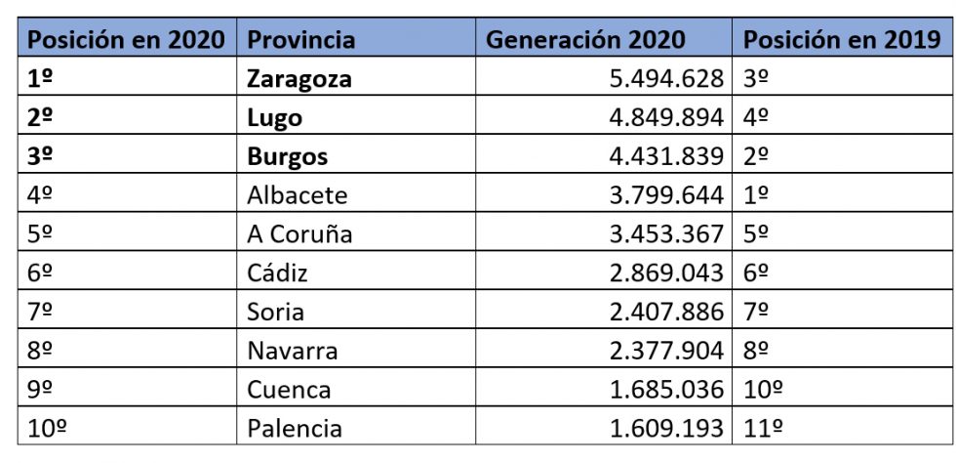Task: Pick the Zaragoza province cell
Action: pyautogui.click(x=299, y=79)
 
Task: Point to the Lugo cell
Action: pyautogui.click(x=274, y=118)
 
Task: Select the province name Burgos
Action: pyautogui.click(x=287, y=156)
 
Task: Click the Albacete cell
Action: pyautogui.click(x=297, y=195)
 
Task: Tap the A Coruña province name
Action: pyautogui.click(x=299, y=234)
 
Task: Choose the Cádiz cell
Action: pyautogui.click(x=277, y=273)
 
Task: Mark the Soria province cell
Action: pyautogui.click(x=275, y=312)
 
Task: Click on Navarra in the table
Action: pyautogui.click(x=293, y=350)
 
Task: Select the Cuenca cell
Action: pyautogui.click(x=289, y=389)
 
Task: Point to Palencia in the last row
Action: pyautogui.click(x=295, y=428)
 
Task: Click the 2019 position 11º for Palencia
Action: pyautogui.click(x=763, y=428)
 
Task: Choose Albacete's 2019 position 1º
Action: pyautogui.click(x=756, y=195)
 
